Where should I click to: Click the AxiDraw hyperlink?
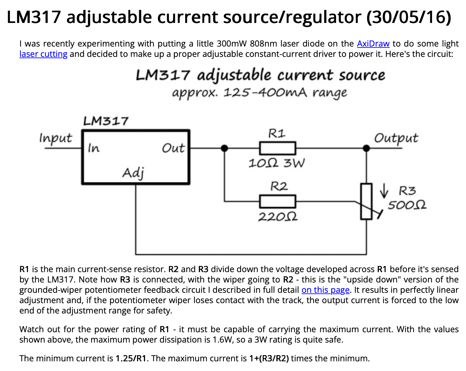(x=373, y=44)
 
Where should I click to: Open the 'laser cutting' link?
(x=43, y=54)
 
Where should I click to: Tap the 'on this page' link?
(x=325, y=290)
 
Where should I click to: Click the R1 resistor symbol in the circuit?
(x=278, y=148)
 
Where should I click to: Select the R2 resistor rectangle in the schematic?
(x=278, y=202)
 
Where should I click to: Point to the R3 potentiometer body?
(x=366, y=201)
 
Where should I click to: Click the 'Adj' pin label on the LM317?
(x=133, y=173)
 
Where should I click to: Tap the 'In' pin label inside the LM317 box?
(x=94, y=148)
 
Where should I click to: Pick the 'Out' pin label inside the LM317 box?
(x=173, y=148)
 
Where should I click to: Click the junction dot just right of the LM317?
(x=224, y=148)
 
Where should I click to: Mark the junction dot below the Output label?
(x=366, y=148)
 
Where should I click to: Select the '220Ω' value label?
(x=278, y=217)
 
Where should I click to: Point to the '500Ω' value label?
(x=407, y=205)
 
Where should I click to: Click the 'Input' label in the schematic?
(x=56, y=138)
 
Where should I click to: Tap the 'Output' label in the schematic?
(x=396, y=138)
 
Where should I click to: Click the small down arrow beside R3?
(x=384, y=190)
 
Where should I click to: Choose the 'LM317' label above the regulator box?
(x=106, y=121)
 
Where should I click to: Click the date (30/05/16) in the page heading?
(x=409, y=17)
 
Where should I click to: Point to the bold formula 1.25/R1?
(x=131, y=358)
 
